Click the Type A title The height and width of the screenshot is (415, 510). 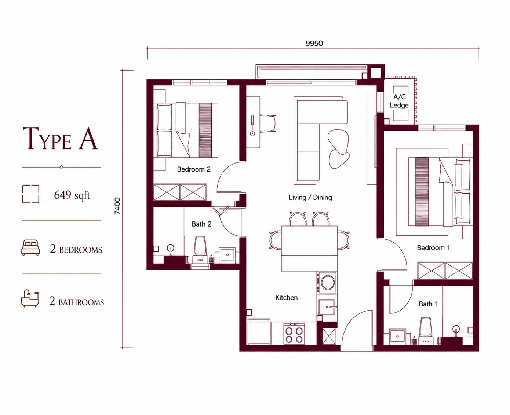click(60, 139)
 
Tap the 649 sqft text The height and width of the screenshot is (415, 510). click(72, 195)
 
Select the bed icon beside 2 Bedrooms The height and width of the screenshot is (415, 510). click(30, 247)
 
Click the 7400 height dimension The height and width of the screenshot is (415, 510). click(117, 206)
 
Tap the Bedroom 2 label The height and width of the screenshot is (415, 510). click(194, 169)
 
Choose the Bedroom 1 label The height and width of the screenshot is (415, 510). click(433, 247)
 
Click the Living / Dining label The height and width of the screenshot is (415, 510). click(310, 197)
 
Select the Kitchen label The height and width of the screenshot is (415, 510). click(286, 298)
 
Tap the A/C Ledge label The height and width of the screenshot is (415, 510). click(399, 101)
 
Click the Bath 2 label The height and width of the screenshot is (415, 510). click(201, 224)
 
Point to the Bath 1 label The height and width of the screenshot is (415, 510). click(428, 304)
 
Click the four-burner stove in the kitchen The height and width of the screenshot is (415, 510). click(294, 334)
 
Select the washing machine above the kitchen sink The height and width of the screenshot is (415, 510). click(327, 283)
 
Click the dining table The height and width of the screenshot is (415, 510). click(309, 248)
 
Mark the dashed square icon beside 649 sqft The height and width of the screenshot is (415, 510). click(30, 194)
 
